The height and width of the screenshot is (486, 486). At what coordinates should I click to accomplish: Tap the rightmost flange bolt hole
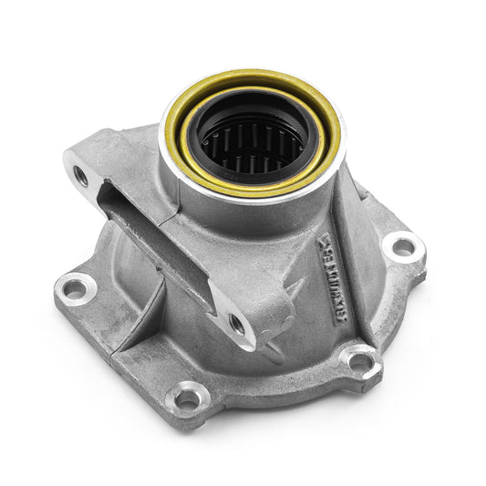tap(400, 245)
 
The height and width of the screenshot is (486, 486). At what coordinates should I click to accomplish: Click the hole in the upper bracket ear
tap(81, 176)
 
